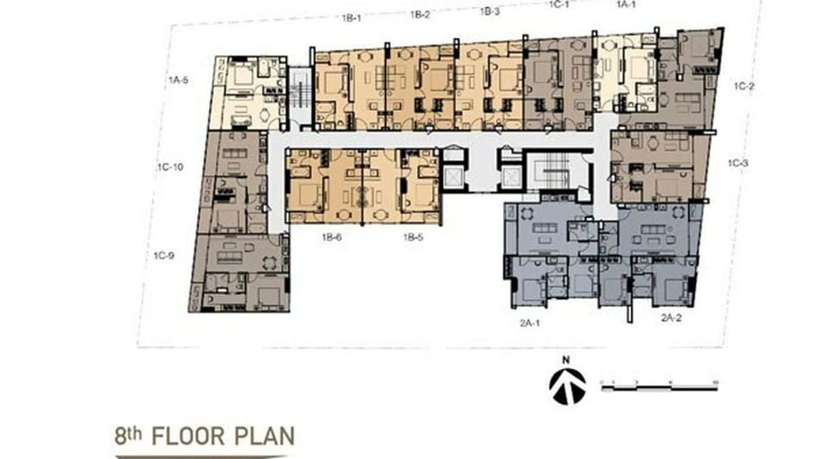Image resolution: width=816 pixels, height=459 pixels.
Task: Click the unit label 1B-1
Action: [351, 18]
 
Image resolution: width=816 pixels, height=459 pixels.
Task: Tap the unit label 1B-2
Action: [420, 15]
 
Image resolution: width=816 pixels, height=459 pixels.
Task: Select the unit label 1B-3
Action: [489, 11]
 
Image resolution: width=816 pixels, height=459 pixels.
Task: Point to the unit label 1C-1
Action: [559, 5]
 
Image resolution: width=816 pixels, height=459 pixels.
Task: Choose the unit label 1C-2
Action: [744, 86]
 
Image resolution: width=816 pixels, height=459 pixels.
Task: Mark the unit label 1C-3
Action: [739, 163]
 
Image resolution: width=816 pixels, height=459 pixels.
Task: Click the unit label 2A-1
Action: [530, 323]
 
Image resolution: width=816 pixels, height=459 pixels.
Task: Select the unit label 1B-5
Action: [413, 237]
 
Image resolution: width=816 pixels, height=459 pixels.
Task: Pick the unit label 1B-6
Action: [331, 237]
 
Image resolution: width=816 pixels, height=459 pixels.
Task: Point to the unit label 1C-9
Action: [164, 256]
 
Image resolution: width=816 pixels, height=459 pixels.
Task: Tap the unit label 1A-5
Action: [178, 80]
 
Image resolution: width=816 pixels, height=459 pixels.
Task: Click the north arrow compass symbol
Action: [567, 387]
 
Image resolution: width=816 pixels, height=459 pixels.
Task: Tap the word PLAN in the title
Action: [269, 436]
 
